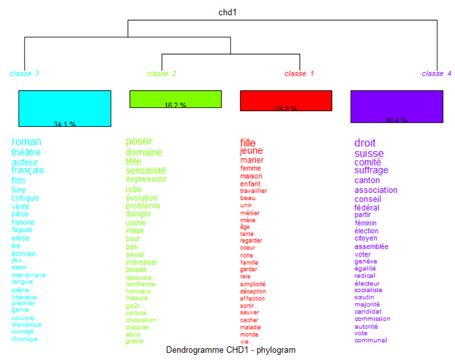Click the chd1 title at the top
(x=227, y=12)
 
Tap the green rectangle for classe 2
(x=176, y=98)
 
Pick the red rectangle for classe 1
(x=286, y=100)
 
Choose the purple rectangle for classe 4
(x=396, y=106)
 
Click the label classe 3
(x=25, y=74)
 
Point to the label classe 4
(x=437, y=74)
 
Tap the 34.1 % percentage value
(x=65, y=124)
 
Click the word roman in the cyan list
(x=26, y=142)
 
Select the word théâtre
(x=26, y=153)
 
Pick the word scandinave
(x=29, y=275)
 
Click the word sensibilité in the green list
(x=146, y=171)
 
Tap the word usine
(x=135, y=223)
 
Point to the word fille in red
(x=248, y=143)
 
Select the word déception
(x=253, y=292)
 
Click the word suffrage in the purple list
(x=371, y=170)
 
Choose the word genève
(x=366, y=261)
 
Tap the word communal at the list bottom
(x=371, y=340)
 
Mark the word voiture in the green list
(x=136, y=313)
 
